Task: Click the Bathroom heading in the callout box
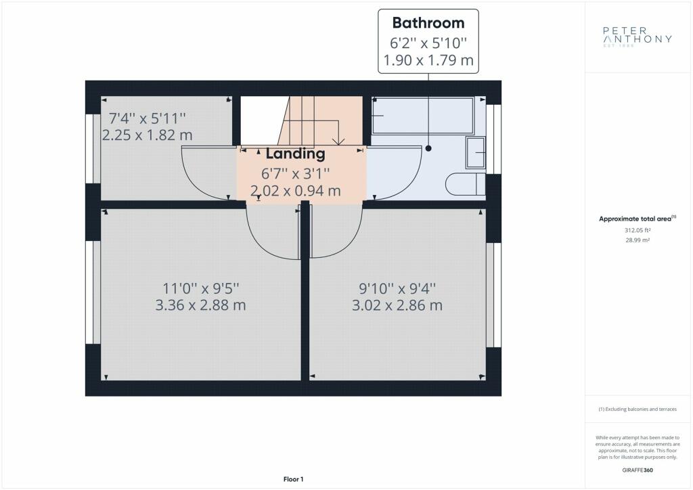coord(428,23)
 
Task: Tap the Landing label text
coord(295,154)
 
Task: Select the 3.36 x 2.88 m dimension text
coord(200,305)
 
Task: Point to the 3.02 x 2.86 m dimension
coord(397,305)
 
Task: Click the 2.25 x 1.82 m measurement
coord(147,135)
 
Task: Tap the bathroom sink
coord(476,152)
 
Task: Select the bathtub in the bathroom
coord(422,116)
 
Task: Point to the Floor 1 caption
coord(294,479)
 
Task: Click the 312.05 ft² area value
coord(638,230)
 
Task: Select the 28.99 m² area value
coord(638,240)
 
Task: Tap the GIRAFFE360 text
coord(638,470)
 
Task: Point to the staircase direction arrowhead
coord(338,142)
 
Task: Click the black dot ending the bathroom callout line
coord(428,148)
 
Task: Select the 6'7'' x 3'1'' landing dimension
coord(295,174)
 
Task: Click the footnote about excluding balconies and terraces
coord(638,409)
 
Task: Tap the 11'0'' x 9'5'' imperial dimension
coord(200,288)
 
